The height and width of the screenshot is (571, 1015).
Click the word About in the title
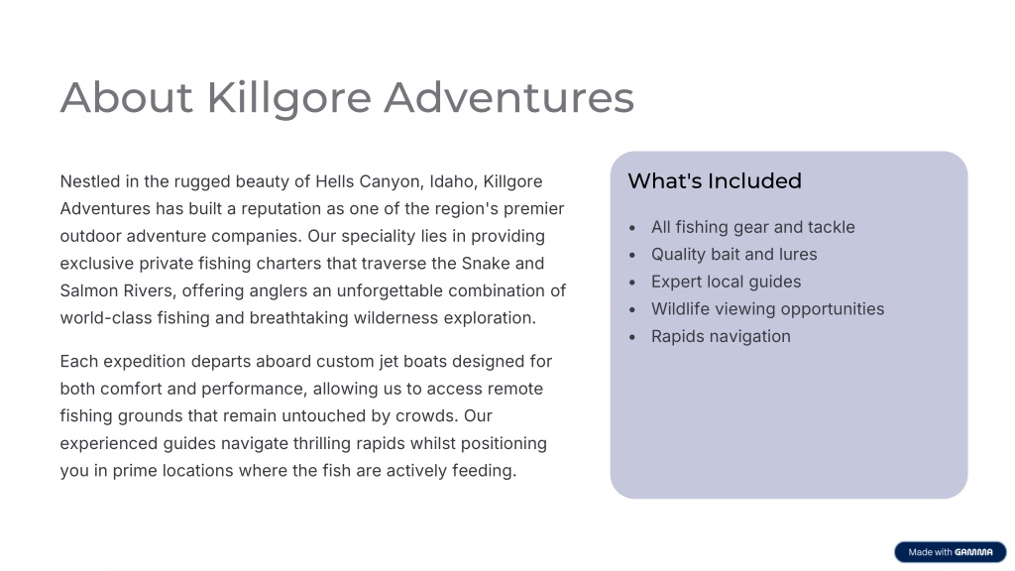click(126, 98)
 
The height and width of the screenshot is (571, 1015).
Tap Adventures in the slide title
click(508, 98)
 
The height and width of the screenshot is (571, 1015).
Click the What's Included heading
click(715, 180)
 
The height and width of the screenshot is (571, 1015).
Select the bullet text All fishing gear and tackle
click(753, 227)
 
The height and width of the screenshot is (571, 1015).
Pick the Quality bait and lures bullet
click(734, 255)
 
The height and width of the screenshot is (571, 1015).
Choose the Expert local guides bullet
click(727, 282)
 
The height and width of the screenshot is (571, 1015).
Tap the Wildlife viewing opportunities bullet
click(768, 309)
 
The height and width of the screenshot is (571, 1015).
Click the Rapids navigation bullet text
click(722, 337)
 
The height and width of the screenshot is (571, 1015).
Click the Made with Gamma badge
click(951, 552)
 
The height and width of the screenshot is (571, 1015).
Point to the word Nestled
click(90, 181)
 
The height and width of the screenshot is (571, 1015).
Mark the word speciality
click(379, 236)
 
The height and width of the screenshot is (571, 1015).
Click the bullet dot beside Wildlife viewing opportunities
click(632, 310)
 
